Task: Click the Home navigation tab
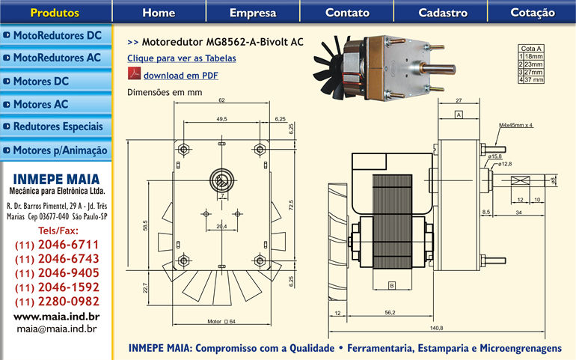159,13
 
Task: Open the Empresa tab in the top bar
253,13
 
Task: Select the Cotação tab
533,13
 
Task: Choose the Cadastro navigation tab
443,13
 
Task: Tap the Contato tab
347,13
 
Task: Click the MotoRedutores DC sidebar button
56,35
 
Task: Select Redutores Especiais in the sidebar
56,126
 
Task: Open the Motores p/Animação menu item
56,150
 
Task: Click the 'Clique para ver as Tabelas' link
182,58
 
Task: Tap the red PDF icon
134,75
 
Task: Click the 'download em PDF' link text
181,76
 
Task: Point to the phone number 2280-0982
57,302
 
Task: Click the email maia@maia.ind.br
57,328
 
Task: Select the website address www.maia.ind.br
57,316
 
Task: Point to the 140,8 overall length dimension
436,328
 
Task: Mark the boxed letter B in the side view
391,285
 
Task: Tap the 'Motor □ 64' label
221,321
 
